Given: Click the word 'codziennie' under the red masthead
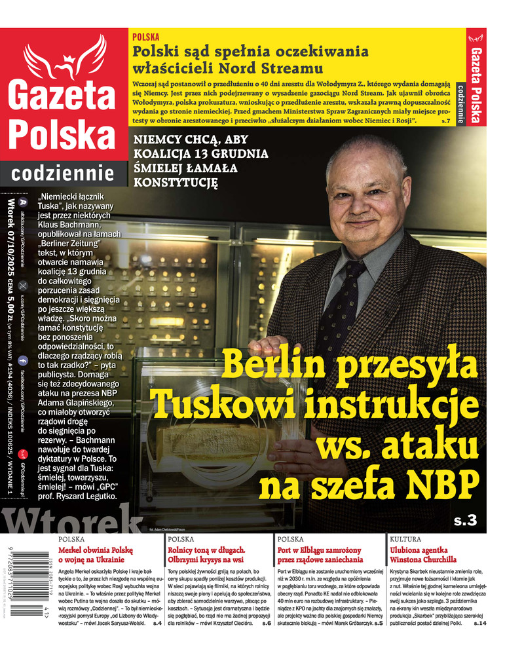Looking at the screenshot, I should point(63,173).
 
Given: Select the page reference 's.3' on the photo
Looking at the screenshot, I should point(468,521).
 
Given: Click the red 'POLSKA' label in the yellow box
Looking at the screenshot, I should point(145,38).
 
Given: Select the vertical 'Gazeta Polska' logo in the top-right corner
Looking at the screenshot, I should point(476,79).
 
